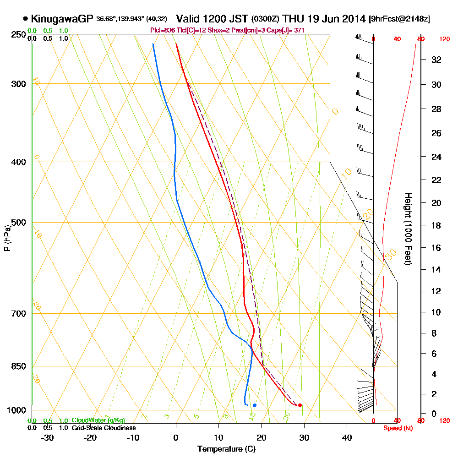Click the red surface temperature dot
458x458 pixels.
click(300, 405)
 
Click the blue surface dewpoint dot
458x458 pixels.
click(255, 405)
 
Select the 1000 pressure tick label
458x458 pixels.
click(16, 410)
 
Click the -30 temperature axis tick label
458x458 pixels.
click(48, 437)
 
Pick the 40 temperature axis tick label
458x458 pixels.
click(347, 437)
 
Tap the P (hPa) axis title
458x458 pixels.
click(7, 238)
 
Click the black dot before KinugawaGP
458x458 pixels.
click(25, 19)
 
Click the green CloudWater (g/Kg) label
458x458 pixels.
click(98, 420)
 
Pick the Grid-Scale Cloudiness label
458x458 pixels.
click(103, 428)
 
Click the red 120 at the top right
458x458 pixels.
click(444, 39)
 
